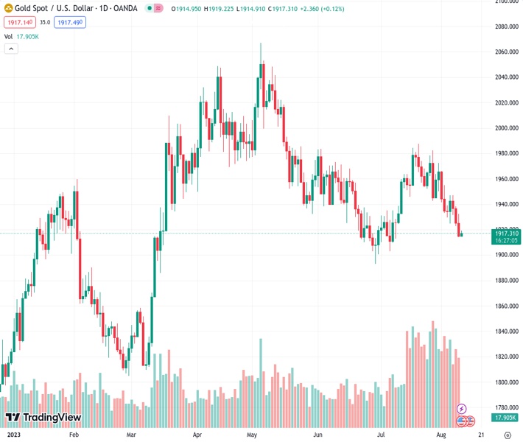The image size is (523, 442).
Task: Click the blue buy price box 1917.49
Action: click(x=69, y=23)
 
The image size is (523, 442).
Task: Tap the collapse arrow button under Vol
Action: click(x=11, y=49)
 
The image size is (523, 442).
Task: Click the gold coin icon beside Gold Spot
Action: click(x=8, y=9)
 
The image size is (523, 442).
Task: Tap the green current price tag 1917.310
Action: click(x=505, y=234)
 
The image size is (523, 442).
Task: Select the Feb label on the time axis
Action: click(x=73, y=435)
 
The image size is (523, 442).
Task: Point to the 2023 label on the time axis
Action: click(x=13, y=435)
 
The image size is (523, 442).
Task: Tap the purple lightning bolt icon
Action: click(x=462, y=408)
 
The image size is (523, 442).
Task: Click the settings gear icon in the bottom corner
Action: click(x=507, y=435)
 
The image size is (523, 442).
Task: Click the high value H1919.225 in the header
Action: click(x=220, y=10)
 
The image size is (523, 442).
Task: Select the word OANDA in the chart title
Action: click(x=122, y=9)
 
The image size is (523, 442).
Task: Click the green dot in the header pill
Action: click(x=150, y=10)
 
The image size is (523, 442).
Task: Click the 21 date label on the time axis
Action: click(x=481, y=435)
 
